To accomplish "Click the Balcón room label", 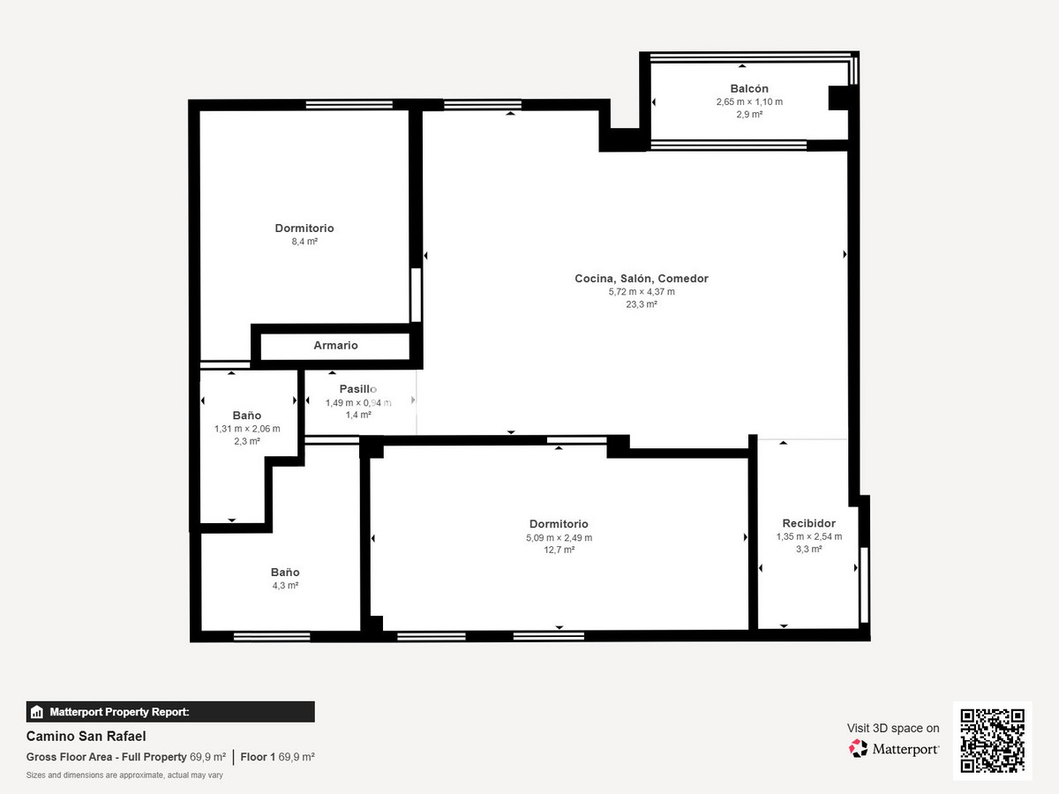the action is click(x=748, y=89).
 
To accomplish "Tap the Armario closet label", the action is click(x=336, y=345).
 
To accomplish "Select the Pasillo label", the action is click(x=358, y=388).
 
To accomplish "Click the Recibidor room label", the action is click(x=808, y=523).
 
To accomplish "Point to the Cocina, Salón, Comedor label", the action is click(x=642, y=279).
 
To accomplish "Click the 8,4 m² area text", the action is click(x=304, y=242).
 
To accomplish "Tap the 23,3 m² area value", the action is click(x=642, y=304).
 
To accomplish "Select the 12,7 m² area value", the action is click(x=559, y=550).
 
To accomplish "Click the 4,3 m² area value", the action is click(x=285, y=586).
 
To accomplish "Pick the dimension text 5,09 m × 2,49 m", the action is click(x=559, y=537).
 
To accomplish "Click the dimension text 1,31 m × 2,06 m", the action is click(x=247, y=429).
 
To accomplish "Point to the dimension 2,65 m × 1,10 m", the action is click(x=749, y=101).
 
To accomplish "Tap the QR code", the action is click(x=993, y=740).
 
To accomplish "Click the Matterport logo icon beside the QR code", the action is click(x=858, y=749).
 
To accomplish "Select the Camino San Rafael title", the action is click(x=86, y=736).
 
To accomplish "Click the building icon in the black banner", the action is click(x=37, y=712).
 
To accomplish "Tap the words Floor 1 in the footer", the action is click(x=258, y=757).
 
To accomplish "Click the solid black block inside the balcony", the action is click(x=839, y=98).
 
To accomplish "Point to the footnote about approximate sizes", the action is click(x=124, y=775).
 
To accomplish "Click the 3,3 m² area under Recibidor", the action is click(x=808, y=549).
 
